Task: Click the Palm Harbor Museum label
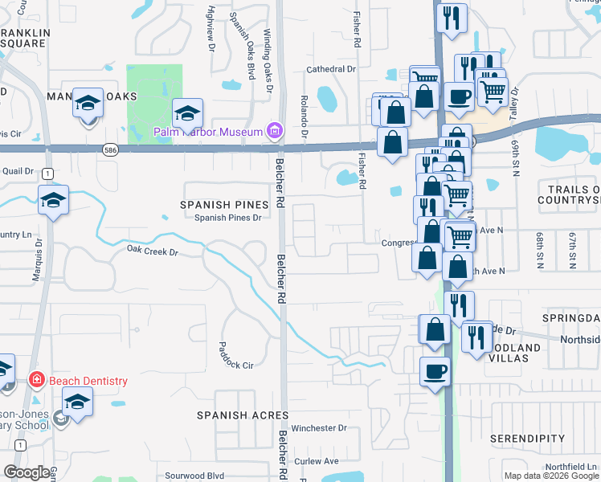(x=209, y=131)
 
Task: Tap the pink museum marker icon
(x=274, y=130)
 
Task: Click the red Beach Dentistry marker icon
(x=36, y=379)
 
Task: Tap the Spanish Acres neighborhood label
(x=243, y=415)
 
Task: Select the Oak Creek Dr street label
(x=151, y=250)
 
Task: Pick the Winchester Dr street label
(x=325, y=428)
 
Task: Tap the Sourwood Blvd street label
(x=194, y=476)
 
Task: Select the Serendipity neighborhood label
(x=528, y=438)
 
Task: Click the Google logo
(x=27, y=472)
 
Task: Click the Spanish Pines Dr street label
(x=228, y=218)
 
